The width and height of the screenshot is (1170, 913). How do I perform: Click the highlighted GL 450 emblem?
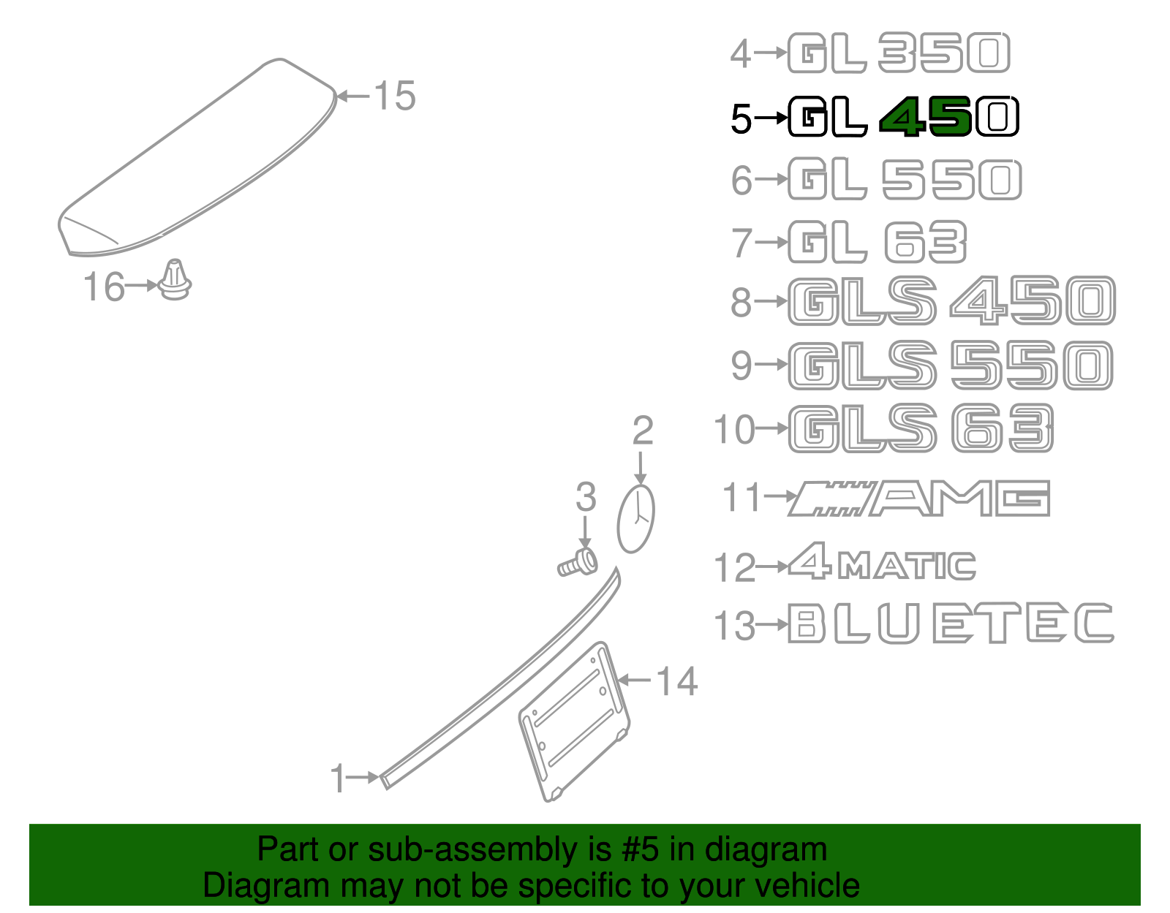(904, 117)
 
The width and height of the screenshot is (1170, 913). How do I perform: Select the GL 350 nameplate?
(899, 53)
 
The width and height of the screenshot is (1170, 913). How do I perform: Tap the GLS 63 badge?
(921, 428)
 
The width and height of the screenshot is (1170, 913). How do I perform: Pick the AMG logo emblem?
(919, 499)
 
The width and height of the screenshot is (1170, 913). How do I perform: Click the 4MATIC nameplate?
(882, 564)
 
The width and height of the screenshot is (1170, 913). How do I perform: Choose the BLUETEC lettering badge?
(951, 624)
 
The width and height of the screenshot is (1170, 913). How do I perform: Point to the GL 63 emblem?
(877, 243)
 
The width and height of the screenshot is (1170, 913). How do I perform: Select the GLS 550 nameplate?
(951, 365)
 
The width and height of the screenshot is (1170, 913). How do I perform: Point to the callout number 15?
(395, 96)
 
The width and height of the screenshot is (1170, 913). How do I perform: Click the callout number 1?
(337, 778)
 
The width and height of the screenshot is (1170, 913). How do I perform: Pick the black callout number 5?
(741, 118)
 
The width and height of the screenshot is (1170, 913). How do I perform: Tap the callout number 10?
(734, 429)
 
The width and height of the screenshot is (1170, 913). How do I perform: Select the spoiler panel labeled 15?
(197, 161)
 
